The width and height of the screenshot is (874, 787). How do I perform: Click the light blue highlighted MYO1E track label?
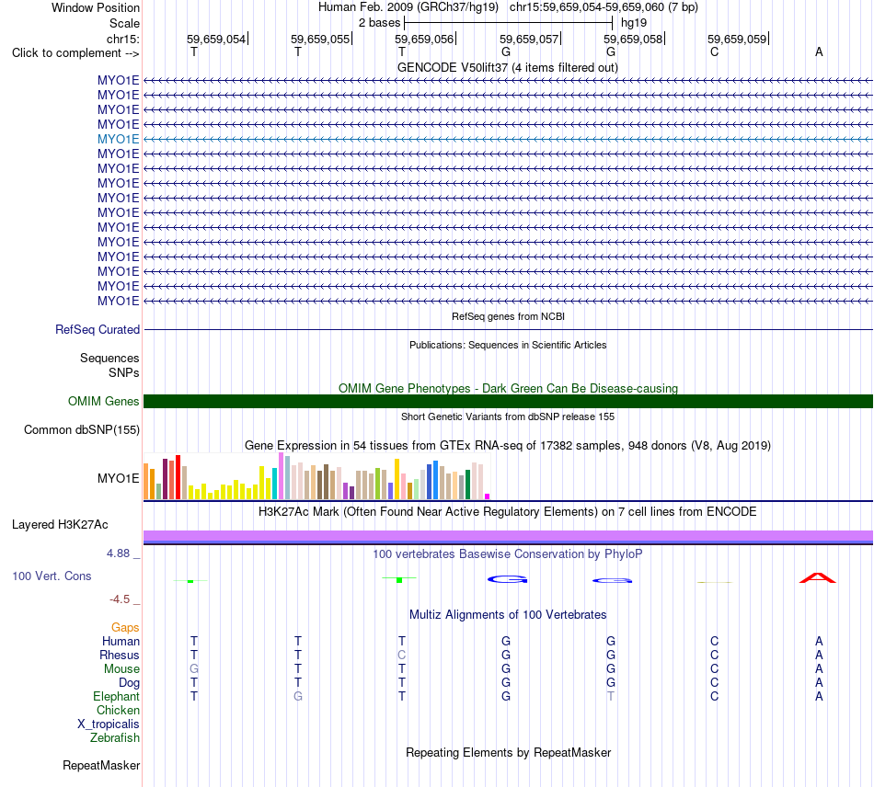[118, 139]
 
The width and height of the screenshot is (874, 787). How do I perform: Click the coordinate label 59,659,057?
[528, 39]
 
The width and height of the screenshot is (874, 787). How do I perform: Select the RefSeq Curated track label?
[98, 330]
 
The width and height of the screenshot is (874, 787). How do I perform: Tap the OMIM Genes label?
[104, 401]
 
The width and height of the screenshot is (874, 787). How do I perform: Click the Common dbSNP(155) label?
[82, 430]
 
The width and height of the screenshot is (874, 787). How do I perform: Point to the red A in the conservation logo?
[818, 577]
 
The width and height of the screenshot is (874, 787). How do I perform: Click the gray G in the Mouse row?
[194, 668]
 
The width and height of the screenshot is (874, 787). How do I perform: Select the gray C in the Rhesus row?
[402, 655]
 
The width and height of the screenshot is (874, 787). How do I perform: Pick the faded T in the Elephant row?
[611, 696]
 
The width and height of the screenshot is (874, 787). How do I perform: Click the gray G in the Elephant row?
[298, 696]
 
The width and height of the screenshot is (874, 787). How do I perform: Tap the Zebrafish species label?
[115, 738]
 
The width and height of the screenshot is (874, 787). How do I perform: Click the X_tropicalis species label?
[109, 724]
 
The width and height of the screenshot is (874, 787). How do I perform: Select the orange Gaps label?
[125, 628]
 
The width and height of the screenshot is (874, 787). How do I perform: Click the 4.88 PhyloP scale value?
[118, 553]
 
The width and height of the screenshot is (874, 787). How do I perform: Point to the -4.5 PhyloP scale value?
[120, 599]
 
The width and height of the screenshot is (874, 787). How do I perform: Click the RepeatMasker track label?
[101, 766]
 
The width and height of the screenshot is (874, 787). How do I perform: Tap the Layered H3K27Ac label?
[60, 525]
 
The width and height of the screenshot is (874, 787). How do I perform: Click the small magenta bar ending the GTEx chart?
[488, 496]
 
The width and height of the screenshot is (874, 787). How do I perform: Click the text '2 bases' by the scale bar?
[380, 23]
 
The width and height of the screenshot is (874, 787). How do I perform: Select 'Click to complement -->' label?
[75, 53]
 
